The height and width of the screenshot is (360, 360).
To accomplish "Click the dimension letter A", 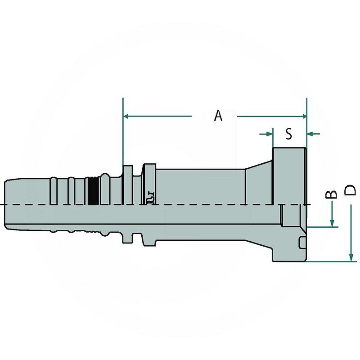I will coord(218,116).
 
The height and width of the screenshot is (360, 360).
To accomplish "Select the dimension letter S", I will coord(289,134).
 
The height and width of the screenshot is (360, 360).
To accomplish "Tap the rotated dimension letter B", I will coord(332,194).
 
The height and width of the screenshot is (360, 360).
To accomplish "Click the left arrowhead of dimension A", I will coord(126,117).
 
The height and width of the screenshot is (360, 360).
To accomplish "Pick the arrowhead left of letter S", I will coord(270,134).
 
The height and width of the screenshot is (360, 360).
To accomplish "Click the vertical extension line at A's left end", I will coord(123,135).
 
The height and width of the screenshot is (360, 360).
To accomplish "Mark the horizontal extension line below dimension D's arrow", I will coord(328,261).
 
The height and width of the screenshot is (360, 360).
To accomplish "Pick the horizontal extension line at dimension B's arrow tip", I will coord(322,227).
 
